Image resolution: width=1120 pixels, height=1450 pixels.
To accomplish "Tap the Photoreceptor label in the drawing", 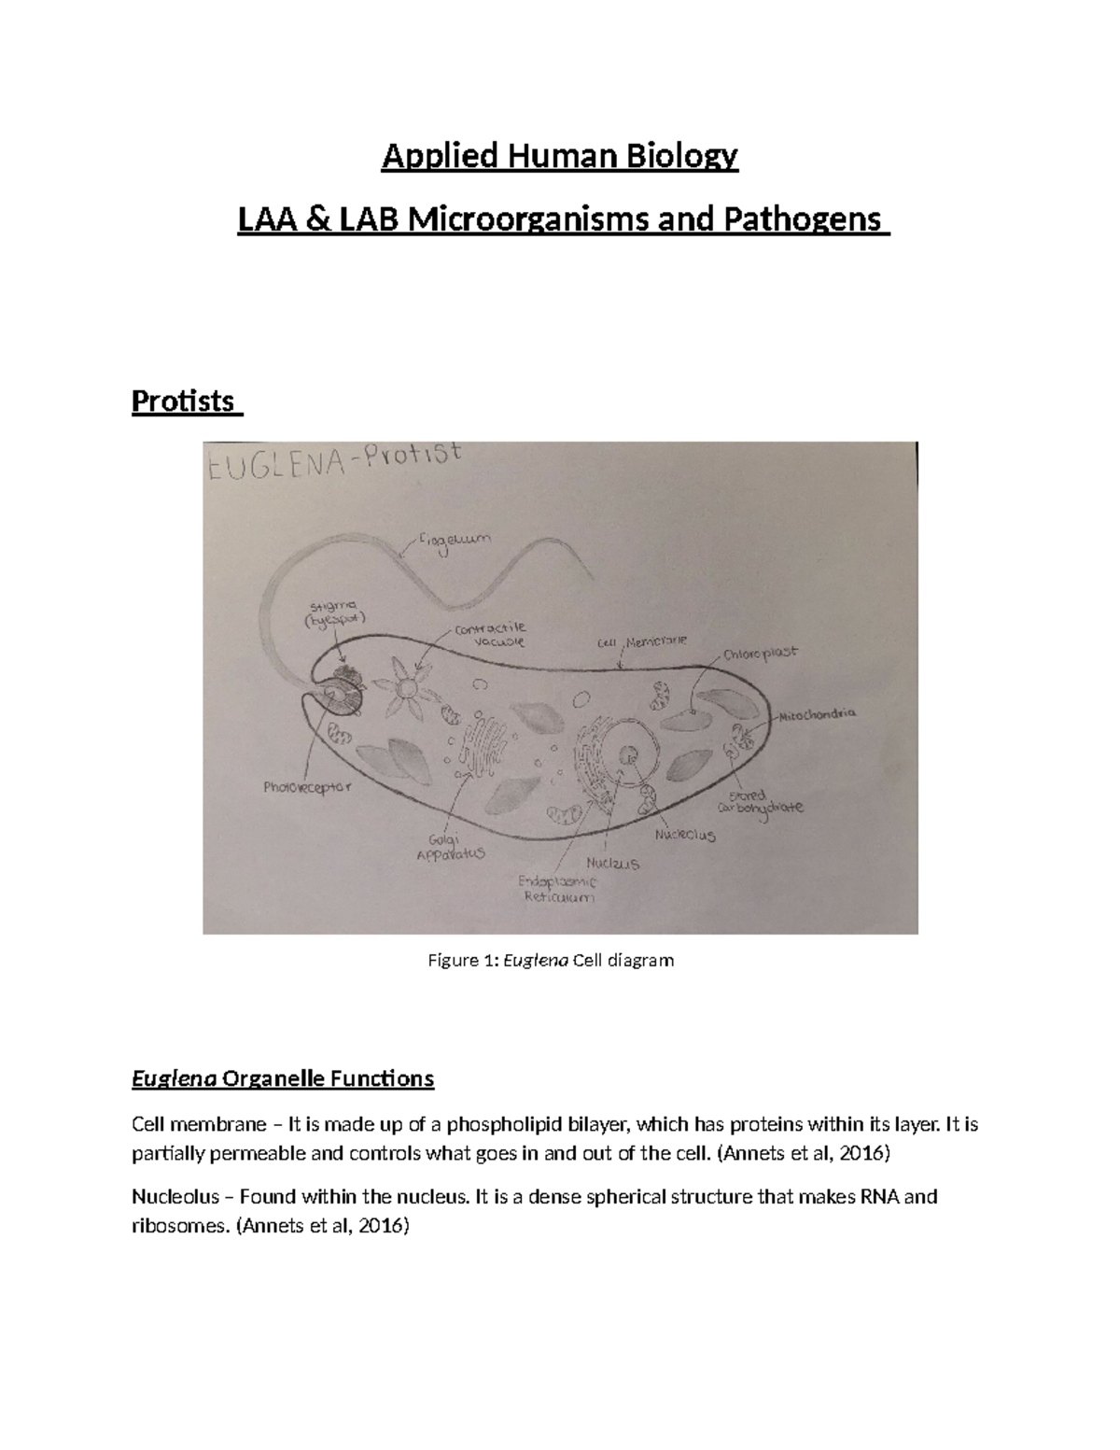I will coord(306,787).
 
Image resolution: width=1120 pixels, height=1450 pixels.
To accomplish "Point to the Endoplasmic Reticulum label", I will coord(558,889).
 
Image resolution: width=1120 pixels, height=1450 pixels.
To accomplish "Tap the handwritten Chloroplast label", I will coord(760,654).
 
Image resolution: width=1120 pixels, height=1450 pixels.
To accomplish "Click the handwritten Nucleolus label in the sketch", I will coord(685,834).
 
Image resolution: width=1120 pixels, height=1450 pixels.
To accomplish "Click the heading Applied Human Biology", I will coord(560,155).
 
